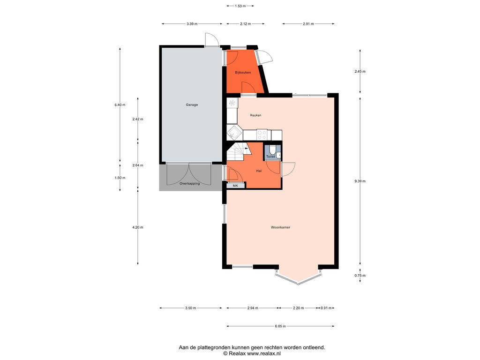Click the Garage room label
(x=192, y=105)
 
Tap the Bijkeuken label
(x=243, y=73)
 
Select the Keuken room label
(x=255, y=115)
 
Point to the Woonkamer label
(x=280, y=227)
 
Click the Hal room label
(x=259, y=171)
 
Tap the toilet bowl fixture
(x=272, y=150)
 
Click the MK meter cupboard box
(x=235, y=186)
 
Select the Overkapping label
(x=189, y=184)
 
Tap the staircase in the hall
(x=238, y=152)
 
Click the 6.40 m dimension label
(x=120, y=105)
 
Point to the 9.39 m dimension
(x=360, y=181)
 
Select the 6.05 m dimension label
(x=280, y=326)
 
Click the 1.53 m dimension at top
(x=240, y=6)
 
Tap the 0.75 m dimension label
(x=360, y=276)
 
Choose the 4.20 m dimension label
(x=138, y=227)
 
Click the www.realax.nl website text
(x=264, y=353)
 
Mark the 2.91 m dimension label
(x=308, y=24)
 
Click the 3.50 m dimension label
(x=190, y=308)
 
